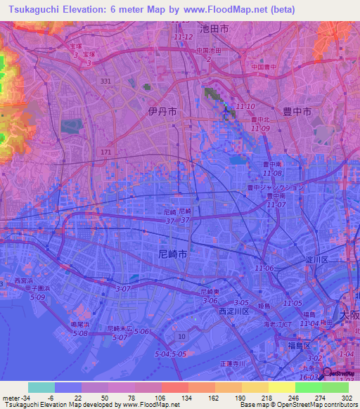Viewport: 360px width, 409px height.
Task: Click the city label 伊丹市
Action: coord(162,112)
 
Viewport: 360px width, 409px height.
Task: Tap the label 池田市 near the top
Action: coord(214,30)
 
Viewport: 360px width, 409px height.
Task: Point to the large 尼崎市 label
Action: coord(172,254)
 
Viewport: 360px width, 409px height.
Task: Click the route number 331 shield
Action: coord(106,82)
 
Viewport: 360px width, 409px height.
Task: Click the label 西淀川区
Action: coord(234,310)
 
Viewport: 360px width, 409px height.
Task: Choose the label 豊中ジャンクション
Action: coord(275,188)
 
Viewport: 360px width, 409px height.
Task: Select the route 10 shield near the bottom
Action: coord(181,337)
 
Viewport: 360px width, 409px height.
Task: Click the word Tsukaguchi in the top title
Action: coord(34,9)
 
